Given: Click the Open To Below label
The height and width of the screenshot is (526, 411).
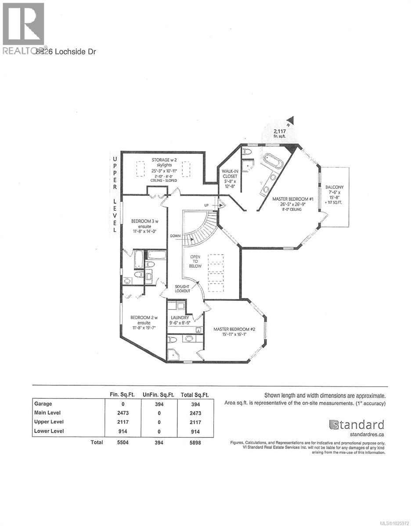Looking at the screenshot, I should [x=195, y=262].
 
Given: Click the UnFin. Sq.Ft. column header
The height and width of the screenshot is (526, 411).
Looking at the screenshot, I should [x=159, y=394].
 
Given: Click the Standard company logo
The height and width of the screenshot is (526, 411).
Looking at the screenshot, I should [x=356, y=424].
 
